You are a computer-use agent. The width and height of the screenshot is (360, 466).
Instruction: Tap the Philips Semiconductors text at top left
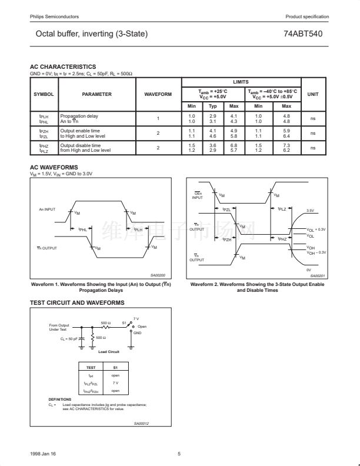(54, 16)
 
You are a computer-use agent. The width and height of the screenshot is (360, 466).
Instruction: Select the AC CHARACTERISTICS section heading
(63, 67)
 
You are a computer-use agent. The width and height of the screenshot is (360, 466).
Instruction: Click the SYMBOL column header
(44, 94)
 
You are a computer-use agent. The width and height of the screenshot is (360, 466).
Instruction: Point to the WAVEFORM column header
(158, 94)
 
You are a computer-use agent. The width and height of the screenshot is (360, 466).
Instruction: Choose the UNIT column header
(313, 94)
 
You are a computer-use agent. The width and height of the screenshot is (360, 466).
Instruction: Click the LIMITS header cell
(241, 82)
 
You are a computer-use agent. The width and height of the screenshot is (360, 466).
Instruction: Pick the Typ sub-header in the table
(213, 106)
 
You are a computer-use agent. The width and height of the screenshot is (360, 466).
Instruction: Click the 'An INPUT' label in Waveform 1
(47, 209)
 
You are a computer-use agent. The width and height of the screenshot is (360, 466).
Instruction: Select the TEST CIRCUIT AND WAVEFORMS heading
(77, 302)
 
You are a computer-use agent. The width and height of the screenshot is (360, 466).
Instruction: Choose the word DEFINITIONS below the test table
(60, 400)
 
